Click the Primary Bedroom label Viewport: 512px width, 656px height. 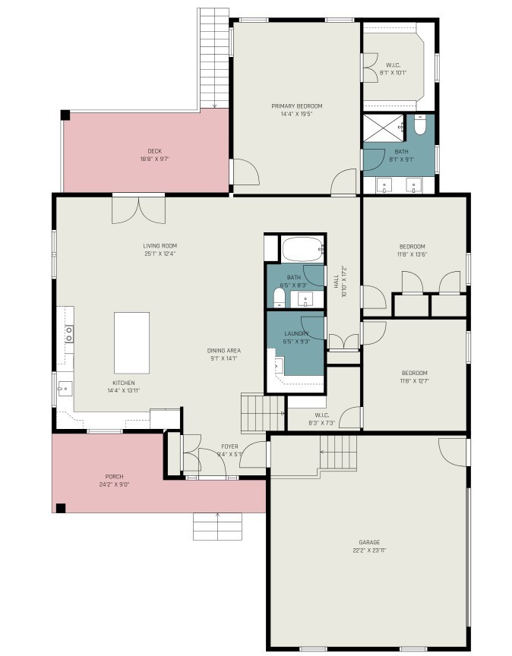point(297,106)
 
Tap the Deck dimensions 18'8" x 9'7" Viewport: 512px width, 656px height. point(155,159)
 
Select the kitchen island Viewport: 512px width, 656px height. point(132,342)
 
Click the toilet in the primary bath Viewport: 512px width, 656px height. point(420,125)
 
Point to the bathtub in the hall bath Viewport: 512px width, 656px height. point(302,249)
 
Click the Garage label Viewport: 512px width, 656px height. point(369,542)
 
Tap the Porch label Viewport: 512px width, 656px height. point(114,477)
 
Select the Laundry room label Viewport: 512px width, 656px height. point(296,333)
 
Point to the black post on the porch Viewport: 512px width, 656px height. point(61,508)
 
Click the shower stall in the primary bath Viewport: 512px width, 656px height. point(384,128)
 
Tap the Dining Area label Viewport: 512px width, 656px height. point(224,351)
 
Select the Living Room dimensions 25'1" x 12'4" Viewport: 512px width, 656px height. point(160,254)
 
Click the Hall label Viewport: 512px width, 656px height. point(337,282)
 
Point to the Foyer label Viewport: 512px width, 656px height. point(230,446)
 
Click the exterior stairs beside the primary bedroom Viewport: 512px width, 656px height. point(213,58)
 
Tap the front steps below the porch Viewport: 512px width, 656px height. point(218,526)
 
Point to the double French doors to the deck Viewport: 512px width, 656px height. point(138,210)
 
